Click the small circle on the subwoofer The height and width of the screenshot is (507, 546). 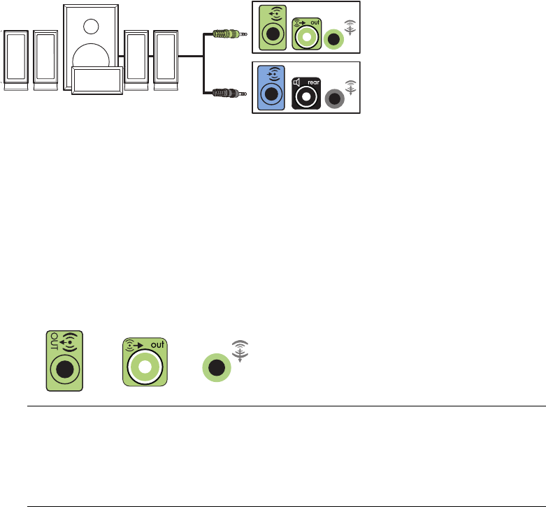pyautogui.click(x=91, y=26)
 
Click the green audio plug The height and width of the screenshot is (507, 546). pyautogui.click(x=229, y=33)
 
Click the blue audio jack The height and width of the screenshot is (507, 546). pyautogui.click(x=270, y=89)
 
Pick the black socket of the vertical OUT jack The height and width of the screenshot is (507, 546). pyautogui.click(x=65, y=367)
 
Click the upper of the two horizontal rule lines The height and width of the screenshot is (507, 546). pyautogui.click(x=285, y=406)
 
